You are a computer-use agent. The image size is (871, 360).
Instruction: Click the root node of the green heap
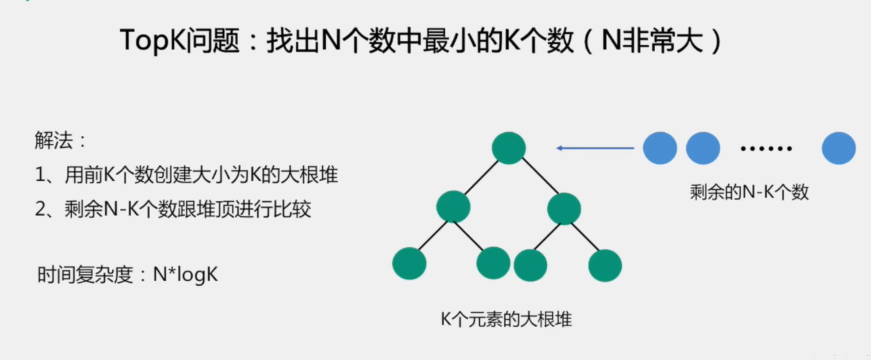tap(509, 148)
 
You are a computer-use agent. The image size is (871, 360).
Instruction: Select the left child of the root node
tap(453, 207)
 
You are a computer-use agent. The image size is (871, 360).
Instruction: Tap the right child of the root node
tap(564, 208)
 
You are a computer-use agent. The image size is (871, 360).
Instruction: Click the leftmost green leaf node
tap(409, 263)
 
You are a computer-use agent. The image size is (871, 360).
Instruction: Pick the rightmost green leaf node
tap(605, 266)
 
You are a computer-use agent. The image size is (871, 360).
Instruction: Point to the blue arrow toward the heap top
tap(595, 148)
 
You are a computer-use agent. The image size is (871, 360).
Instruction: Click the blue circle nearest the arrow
tap(660, 148)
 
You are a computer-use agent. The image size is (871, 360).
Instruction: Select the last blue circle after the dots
tap(839, 148)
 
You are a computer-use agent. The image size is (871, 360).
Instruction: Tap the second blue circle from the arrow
tap(703, 148)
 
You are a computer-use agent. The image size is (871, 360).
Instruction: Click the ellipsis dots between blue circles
tap(766, 149)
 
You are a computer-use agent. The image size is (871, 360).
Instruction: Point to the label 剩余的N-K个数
tap(749, 193)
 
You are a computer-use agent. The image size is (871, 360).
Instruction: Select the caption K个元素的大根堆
tap(506, 319)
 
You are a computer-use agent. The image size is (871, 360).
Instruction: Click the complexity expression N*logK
tap(186, 274)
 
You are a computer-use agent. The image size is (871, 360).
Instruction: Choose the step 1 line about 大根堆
tap(186, 175)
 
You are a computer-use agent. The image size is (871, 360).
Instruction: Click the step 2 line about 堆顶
tap(173, 209)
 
